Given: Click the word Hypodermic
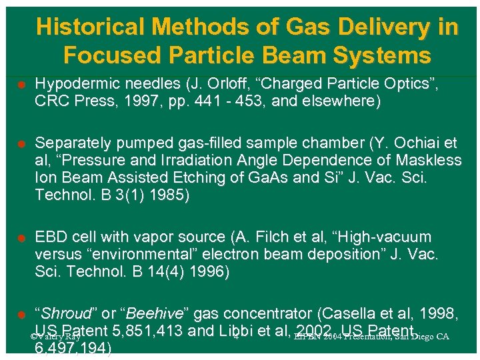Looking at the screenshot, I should point(74,84).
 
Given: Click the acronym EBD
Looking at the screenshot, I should point(50,237).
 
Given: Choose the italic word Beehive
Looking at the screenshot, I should point(154,314).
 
